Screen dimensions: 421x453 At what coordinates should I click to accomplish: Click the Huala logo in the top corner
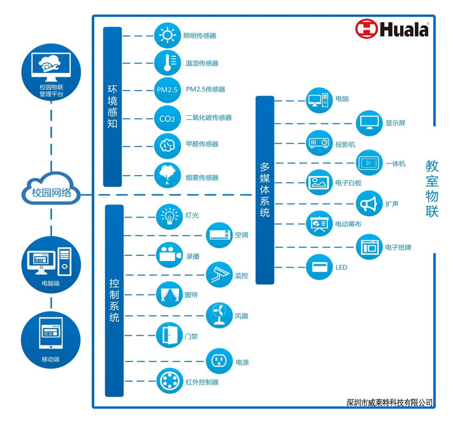pos(392,29)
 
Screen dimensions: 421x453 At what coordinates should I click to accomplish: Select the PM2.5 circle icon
pos(167,90)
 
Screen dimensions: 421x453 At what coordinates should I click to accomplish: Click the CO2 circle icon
pos(167,118)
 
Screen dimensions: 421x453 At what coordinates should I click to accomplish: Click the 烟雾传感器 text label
pos(202,177)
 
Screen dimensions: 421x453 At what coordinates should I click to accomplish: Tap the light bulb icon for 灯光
pos(169,216)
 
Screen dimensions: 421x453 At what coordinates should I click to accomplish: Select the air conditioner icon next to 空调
pos(220,235)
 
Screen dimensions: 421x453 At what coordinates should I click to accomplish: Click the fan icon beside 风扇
pos(220,316)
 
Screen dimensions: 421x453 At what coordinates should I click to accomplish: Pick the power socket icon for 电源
pos(220,361)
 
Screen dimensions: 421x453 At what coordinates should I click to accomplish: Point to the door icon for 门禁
pos(169,335)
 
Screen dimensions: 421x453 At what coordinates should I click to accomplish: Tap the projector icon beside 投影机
pos(319,143)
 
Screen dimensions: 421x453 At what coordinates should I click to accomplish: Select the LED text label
pos(341,267)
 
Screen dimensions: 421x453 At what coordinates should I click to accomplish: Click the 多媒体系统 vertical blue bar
pos(265,190)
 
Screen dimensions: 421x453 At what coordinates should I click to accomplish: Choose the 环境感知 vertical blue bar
pos(112,107)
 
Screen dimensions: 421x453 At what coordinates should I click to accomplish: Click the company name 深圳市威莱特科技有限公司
pos(389,402)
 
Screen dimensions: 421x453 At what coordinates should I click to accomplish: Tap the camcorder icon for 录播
pos(169,255)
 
